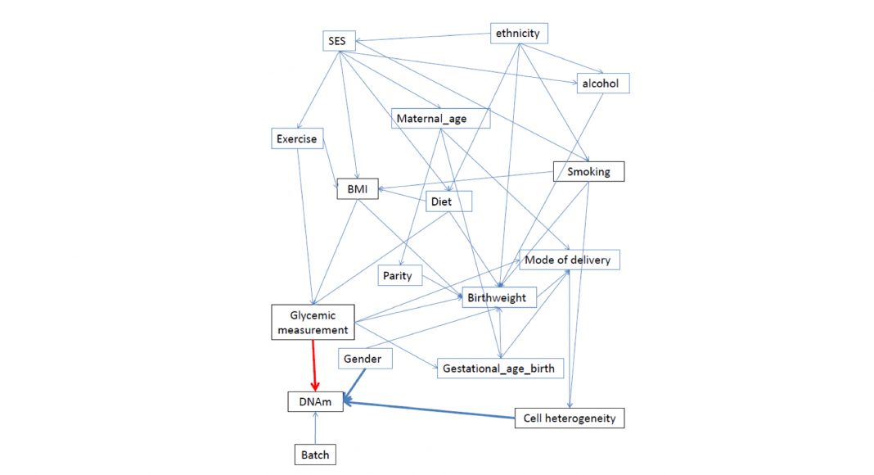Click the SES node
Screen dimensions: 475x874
(x=337, y=42)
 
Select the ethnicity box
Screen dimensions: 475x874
(x=519, y=34)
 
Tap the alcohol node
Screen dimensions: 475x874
(x=604, y=83)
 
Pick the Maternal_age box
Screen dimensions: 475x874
(x=440, y=119)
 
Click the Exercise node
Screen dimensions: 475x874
(x=295, y=138)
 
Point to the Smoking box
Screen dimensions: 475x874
(x=588, y=172)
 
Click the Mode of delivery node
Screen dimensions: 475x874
(x=568, y=260)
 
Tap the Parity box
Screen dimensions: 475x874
(x=398, y=275)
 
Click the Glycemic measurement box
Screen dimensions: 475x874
(x=313, y=323)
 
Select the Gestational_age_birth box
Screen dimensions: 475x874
(x=498, y=369)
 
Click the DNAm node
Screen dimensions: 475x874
(x=314, y=401)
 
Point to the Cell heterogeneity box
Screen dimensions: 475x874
(x=569, y=418)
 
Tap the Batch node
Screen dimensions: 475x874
(x=314, y=454)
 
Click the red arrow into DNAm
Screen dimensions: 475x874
(x=314, y=364)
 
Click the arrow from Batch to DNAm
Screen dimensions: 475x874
(x=314, y=427)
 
